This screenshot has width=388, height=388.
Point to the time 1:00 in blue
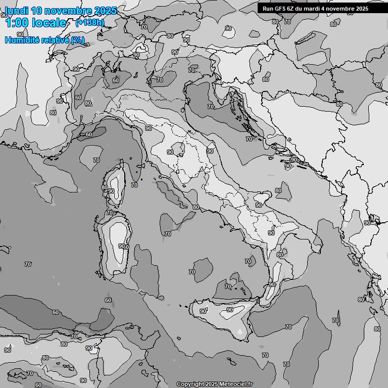16,23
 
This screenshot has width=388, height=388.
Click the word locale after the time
48,23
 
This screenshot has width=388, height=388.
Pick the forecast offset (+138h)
90,23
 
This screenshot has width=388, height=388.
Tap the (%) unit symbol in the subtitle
78,40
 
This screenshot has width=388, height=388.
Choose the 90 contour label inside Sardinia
121,246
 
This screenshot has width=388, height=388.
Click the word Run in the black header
267,9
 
